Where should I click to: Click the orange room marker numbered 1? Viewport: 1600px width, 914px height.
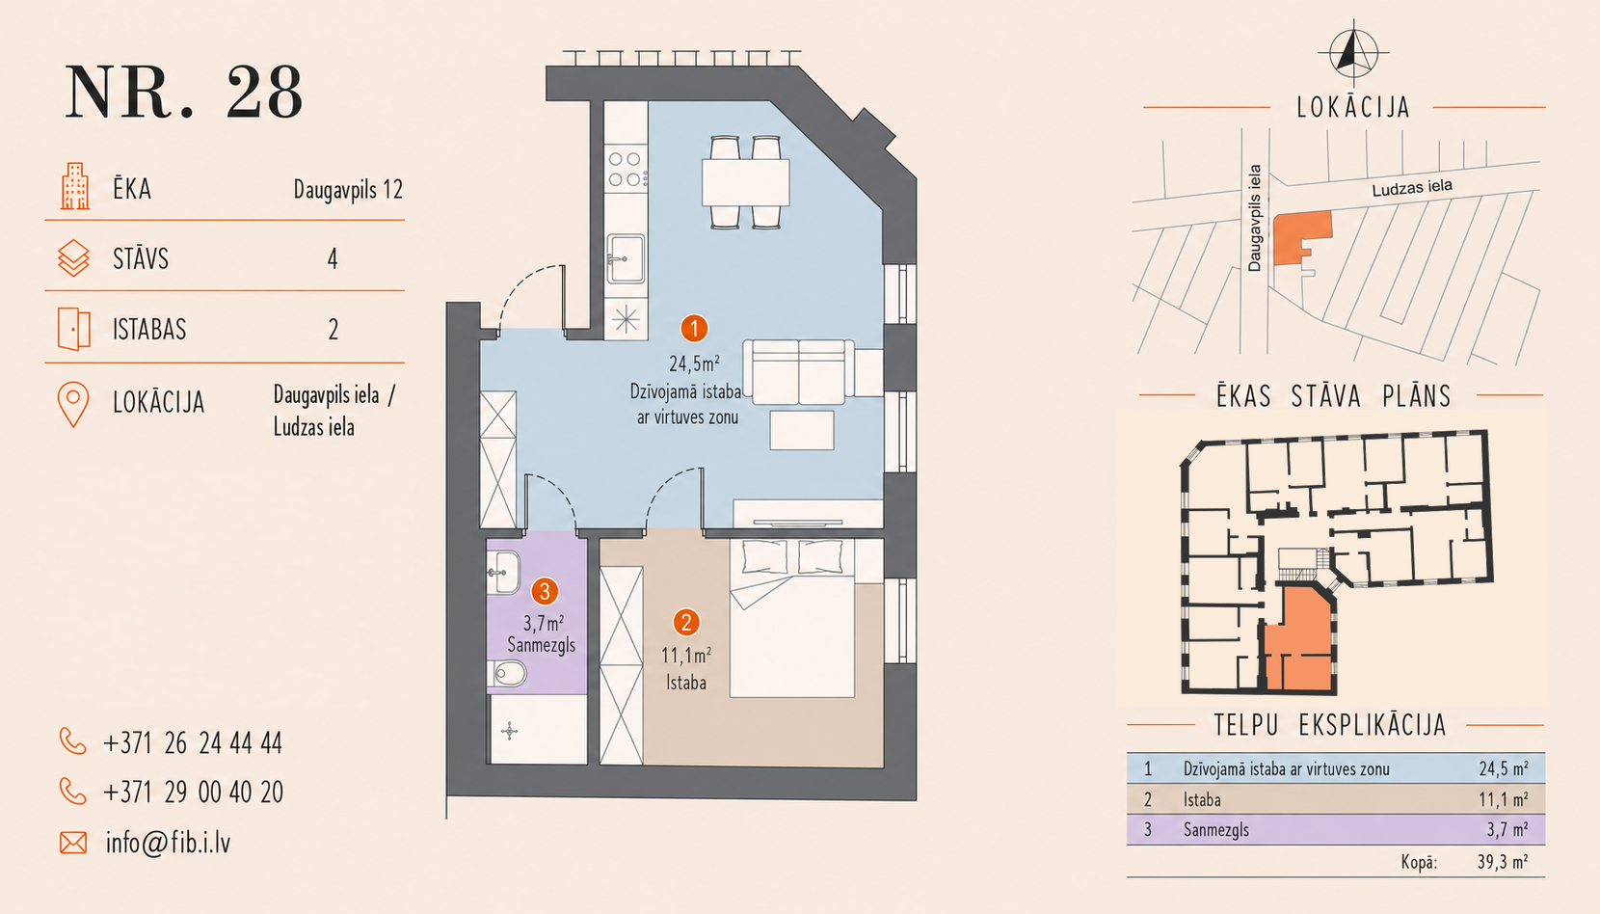(x=694, y=329)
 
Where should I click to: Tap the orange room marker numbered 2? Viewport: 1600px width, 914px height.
(x=686, y=623)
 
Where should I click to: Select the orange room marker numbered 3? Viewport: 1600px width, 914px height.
(x=545, y=592)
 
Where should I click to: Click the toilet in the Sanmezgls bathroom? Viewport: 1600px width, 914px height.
(x=507, y=673)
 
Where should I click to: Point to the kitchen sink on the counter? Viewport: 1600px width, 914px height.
(x=625, y=258)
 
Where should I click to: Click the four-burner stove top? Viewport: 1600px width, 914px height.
(x=625, y=170)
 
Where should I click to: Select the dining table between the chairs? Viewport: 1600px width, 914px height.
(x=745, y=183)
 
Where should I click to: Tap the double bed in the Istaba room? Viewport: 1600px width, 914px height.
(x=791, y=618)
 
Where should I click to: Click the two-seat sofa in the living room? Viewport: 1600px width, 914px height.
(x=798, y=371)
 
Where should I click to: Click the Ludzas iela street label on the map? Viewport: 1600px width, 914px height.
(x=1411, y=188)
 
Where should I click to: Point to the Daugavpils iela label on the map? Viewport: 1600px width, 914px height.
(x=1254, y=218)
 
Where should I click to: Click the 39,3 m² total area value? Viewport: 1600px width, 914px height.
(x=1502, y=863)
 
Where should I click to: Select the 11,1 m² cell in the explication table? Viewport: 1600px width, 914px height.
(x=1503, y=799)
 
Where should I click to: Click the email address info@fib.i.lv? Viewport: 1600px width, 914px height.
(x=168, y=844)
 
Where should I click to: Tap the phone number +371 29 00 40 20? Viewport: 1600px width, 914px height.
(x=193, y=793)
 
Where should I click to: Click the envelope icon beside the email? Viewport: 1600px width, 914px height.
(x=73, y=844)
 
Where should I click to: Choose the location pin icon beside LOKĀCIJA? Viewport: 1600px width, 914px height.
(x=73, y=405)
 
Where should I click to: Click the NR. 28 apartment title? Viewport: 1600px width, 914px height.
(x=184, y=93)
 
